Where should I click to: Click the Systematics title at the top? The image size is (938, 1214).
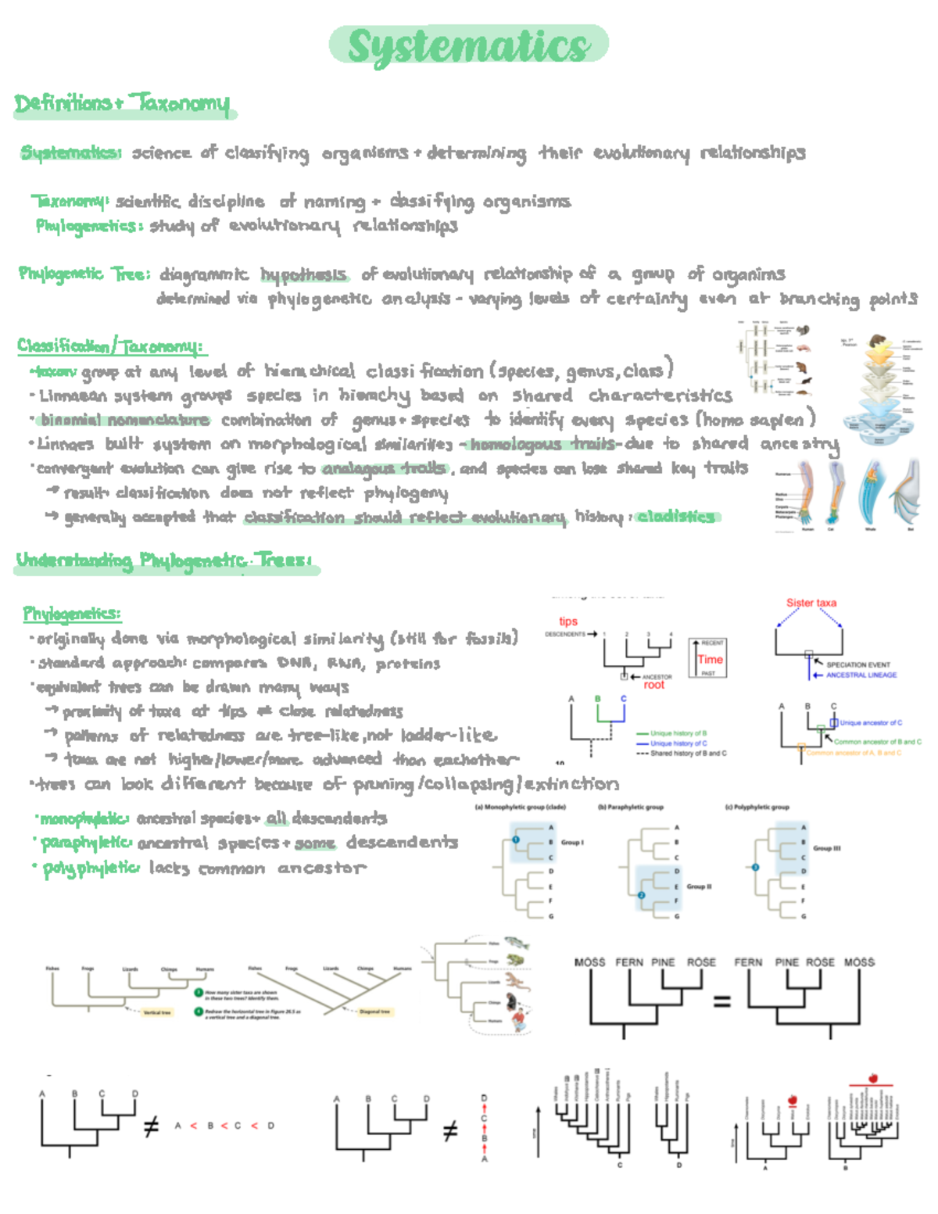[x=468, y=45]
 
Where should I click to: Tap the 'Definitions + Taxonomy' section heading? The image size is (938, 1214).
[x=123, y=103]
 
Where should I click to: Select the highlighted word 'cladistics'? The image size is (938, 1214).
[x=675, y=516]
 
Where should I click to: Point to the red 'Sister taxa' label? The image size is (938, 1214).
[x=811, y=603]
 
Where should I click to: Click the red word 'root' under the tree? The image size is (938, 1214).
[x=653, y=685]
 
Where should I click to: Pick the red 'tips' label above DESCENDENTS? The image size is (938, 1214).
[x=568, y=621]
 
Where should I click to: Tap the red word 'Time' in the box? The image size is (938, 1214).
[x=710, y=659]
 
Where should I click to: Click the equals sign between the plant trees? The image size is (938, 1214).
[x=721, y=1001]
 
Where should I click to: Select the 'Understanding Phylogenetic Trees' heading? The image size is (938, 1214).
[x=164, y=560]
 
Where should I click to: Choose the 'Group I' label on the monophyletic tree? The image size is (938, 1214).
[x=572, y=842]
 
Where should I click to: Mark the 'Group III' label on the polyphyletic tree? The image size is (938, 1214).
[x=826, y=848]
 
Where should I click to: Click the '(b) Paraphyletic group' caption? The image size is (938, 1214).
[x=630, y=807]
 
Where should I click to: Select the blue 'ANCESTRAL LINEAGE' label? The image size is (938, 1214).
[x=861, y=675]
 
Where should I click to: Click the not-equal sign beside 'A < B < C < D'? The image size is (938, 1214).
[x=152, y=1126]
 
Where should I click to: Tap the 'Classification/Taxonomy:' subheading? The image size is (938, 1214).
[x=109, y=346]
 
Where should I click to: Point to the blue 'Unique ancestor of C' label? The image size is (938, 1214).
[x=870, y=722]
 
